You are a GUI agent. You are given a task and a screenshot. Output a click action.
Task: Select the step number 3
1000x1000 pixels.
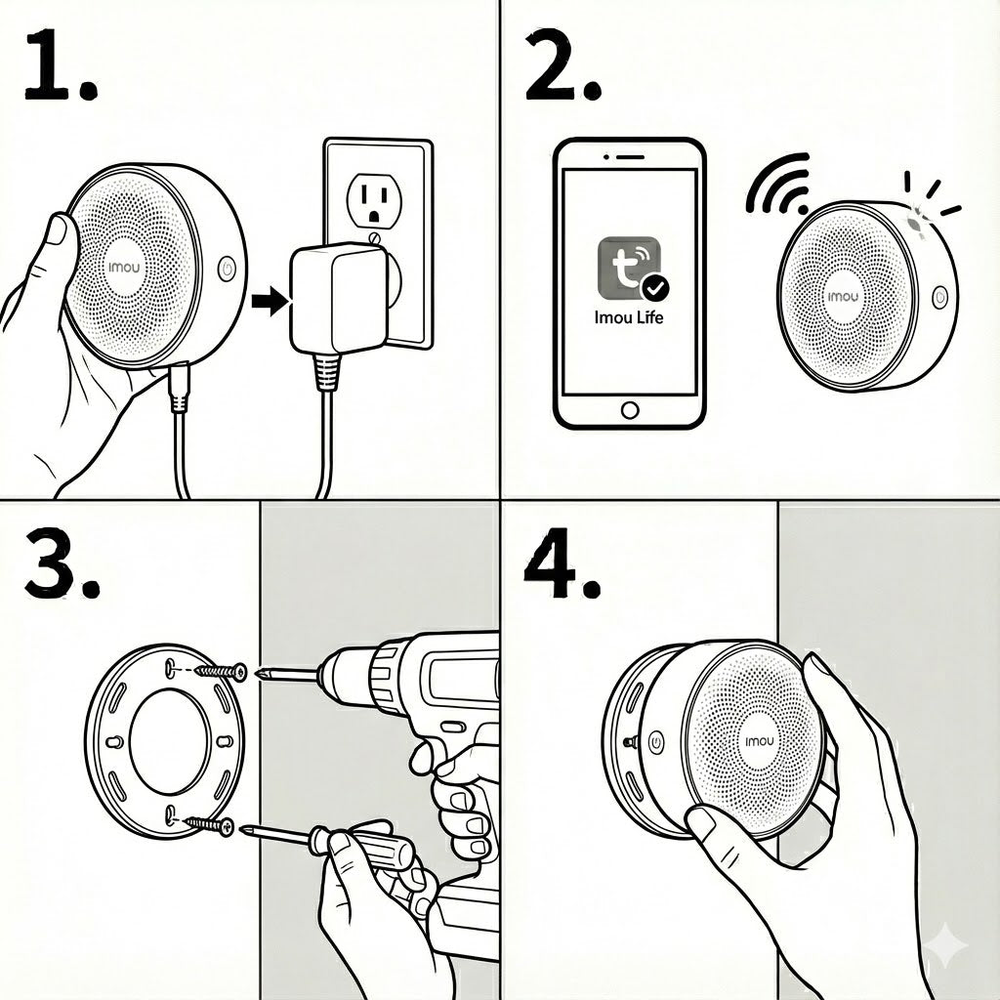click(x=62, y=562)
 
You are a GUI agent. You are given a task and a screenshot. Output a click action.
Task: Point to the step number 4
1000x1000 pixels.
click(x=562, y=562)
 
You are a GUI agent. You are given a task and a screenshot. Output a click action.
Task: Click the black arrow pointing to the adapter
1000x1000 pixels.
click(x=271, y=301)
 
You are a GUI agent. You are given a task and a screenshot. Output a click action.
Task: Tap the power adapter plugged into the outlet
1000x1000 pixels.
click(x=339, y=299)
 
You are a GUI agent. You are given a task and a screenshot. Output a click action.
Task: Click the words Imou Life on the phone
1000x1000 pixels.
click(x=629, y=317)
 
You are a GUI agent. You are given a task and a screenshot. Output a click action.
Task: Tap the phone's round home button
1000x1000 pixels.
click(x=630, y=410)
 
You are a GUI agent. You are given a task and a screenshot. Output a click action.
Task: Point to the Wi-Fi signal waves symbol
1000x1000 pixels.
click(x=778, y=184)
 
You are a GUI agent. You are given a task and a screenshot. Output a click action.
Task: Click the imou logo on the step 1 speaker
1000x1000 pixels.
click(x=124, y=268)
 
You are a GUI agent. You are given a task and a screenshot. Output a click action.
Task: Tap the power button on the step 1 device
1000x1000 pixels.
click(x=227, y=269)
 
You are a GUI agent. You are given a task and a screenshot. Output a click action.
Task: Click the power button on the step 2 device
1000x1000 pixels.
click(x=939, y=297)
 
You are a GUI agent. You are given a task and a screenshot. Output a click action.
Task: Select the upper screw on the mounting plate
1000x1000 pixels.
click(x=221, y=671)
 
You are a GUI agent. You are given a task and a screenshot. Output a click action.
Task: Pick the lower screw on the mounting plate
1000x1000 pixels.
click(x=209, y=826)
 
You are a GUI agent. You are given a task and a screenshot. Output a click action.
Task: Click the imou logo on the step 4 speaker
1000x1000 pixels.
click(x=759, y=741)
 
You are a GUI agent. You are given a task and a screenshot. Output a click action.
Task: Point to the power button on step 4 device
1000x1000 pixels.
click(x=655, y=742)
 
